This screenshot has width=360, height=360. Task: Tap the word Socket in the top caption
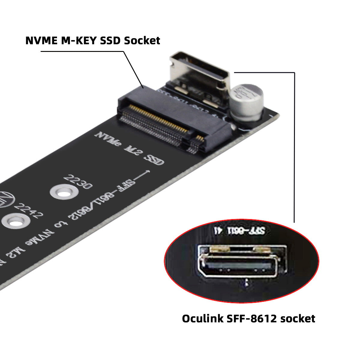[x=142, y=40]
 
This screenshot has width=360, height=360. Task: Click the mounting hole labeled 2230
[x=62, y=191]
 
